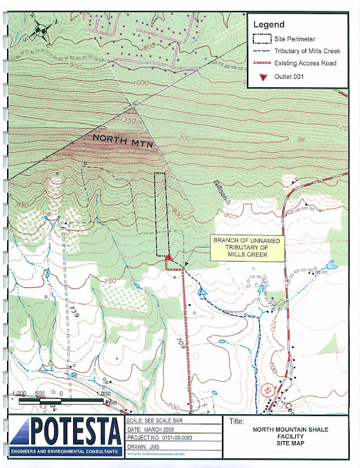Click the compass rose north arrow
click(x=41, y=29)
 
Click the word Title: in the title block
click(x=237, y=421)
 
